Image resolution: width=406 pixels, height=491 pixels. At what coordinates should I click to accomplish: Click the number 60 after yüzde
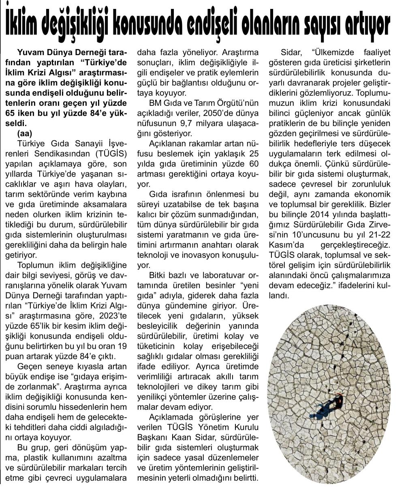click(252, 164)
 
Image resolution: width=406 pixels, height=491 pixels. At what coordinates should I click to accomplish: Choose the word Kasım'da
click(286, 246)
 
